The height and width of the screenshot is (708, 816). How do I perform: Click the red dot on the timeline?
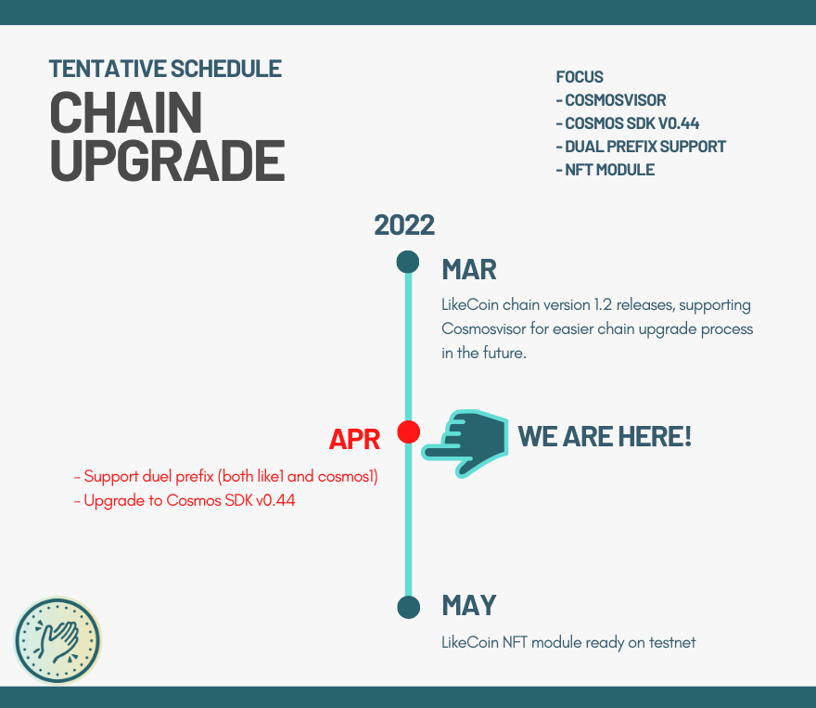[x=409, y=432]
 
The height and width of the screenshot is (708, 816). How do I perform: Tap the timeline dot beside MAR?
[x=407, y=262]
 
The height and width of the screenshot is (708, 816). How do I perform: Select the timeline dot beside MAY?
[x=409, y=607]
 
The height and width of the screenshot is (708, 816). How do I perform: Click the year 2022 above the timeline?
[x=404, y=225]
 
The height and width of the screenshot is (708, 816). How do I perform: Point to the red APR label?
[x=354, y=440]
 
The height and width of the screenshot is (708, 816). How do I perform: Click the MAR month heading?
[x=469, y=270]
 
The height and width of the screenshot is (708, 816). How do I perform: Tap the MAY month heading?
[x=469, y=605]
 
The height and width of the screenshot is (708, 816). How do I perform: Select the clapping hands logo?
[x=57, y=640]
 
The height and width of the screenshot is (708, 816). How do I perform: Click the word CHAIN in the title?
[x=126, y=112]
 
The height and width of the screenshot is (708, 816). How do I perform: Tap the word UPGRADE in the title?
[x=168, y=161]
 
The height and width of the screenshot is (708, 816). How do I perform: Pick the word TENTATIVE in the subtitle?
[x=108, y=69]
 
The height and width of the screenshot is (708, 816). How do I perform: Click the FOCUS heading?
[x=580, y=77]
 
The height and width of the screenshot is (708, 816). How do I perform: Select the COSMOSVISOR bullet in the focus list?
[x=615, y=100]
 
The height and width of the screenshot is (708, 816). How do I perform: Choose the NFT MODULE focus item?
[x=609, y=170]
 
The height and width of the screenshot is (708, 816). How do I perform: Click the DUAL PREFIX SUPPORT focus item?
[x=645, y=147]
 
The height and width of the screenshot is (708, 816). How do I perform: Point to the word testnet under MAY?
[x=672, y=642]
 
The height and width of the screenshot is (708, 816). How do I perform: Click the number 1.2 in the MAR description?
[x=603, y=304]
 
